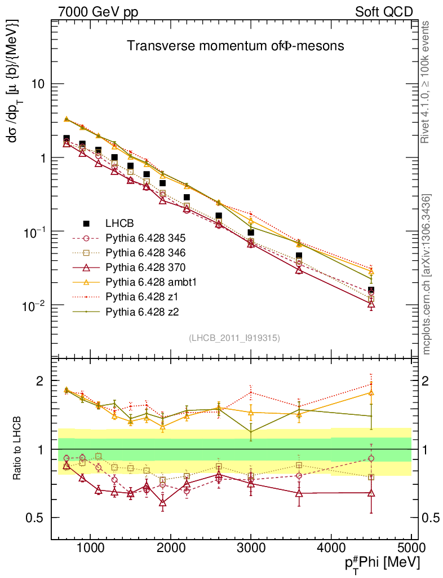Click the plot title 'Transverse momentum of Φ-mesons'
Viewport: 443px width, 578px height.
(235, 46)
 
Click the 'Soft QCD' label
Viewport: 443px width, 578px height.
(384, 12)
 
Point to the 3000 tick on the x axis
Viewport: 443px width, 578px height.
(250, 548)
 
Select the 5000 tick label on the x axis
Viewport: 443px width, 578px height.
(410, 548)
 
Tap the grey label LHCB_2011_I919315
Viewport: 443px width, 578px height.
(234, 338)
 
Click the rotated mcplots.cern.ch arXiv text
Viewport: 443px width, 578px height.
(427, 274)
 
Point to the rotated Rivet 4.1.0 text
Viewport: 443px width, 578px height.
(427, 82)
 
